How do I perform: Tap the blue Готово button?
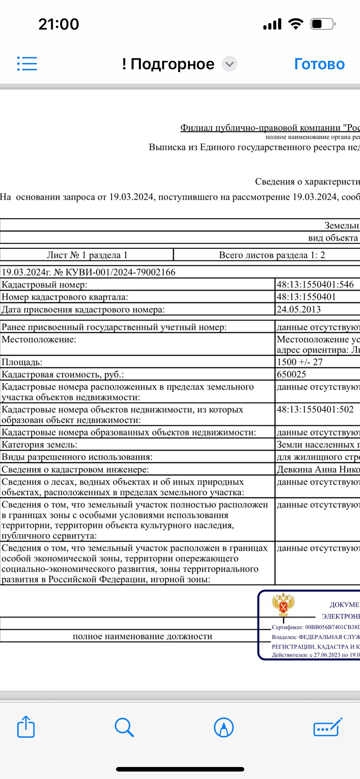tap(319, 64)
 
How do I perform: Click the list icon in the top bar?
tap(27, 64)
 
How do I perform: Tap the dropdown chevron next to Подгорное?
tap(229, 64)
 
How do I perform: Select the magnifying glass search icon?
tap(124, 727)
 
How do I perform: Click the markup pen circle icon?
tap(224, 727)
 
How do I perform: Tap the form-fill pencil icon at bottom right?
tap(327, 727)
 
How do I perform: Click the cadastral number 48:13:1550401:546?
tap(315, 285)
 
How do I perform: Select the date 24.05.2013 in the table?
tap(298, 310)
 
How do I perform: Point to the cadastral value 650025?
tap(291, 374)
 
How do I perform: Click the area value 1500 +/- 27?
tap(300, 362)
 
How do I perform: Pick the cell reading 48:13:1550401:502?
tap(315, 409)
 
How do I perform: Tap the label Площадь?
tap(22, 362)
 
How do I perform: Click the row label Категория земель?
tap(39, 445)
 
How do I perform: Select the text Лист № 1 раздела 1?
tap(87, 255)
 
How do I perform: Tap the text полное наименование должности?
tap(142, 636)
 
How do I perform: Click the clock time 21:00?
tap(59, 24)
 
